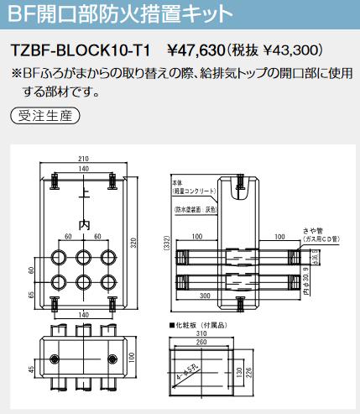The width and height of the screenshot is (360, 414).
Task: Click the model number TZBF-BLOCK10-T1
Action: pos(81,50)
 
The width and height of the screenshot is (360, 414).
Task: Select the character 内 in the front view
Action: pos(83,225)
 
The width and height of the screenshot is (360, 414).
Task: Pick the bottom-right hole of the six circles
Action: pos(107,281)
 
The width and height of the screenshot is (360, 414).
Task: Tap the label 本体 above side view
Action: pos(177,181)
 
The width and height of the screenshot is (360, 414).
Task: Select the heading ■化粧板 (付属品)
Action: pos(198,322)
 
